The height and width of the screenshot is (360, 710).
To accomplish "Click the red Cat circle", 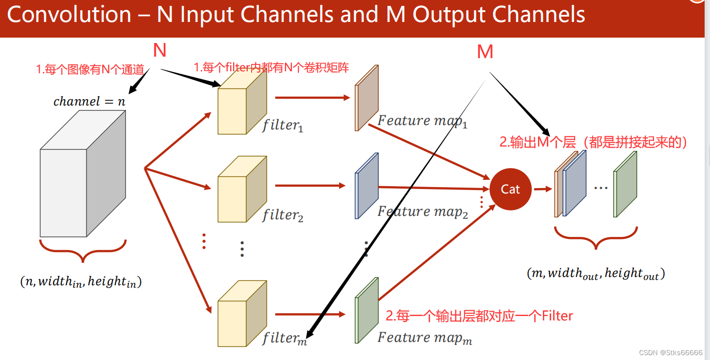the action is point(510,189).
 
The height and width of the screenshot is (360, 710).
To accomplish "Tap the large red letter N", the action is point(160,50).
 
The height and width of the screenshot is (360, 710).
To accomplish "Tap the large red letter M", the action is point(485,52).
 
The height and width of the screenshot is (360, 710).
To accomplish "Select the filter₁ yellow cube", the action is point(242,102).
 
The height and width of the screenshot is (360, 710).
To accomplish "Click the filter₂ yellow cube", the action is point(242,189).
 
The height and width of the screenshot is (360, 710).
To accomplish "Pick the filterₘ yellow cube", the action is point(242,314).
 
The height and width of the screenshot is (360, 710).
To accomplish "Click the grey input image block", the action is point(83,174).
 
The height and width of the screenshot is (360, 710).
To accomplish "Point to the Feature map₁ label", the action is point(423,121).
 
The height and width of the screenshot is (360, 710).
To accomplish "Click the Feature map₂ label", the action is point(423,212).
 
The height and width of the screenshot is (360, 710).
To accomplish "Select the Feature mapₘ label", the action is point(425,338).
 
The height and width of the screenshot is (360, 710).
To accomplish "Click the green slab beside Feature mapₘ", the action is point(367,310).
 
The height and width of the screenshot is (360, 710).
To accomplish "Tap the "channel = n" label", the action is point(89,102).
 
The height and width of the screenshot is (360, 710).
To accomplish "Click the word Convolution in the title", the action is point(69,15).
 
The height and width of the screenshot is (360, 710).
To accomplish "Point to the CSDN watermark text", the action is point(670,353).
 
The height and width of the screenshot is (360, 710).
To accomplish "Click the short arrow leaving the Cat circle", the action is point(543,189).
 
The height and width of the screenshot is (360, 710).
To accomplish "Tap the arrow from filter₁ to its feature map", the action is point(313,98).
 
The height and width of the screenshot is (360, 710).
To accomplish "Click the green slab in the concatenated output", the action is point(625,184).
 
